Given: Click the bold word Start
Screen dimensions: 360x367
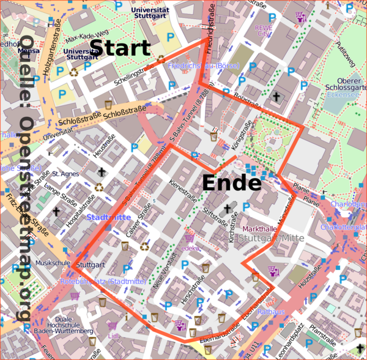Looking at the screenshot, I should pyautogui.click(x=120, y=48).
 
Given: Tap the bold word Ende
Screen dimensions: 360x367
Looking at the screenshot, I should pyautogui.click(x=231, y=182).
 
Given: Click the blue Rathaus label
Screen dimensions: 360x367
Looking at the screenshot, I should pyautogui.click(x=272, y=312).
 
